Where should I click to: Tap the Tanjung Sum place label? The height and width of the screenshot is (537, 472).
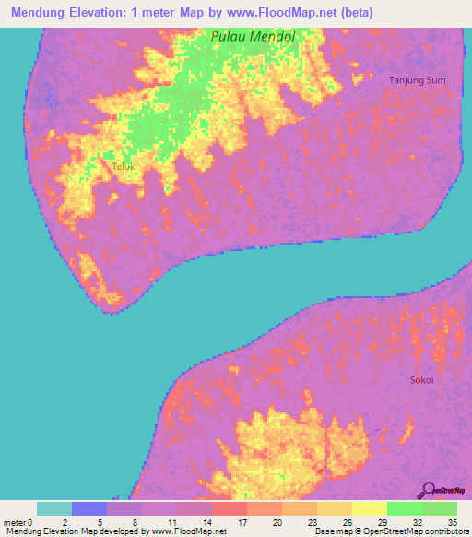click(418, 80)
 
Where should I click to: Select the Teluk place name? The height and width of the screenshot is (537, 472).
click(124, 167)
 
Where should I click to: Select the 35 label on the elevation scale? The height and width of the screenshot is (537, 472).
click(452, 522)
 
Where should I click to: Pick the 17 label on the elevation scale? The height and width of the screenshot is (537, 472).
click(242, 522)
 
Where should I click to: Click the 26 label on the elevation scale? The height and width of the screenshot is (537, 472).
click(347, 522)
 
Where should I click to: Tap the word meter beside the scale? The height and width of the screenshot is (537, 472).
click(14, 522)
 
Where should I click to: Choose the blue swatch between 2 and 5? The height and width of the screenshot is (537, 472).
click(89, 508)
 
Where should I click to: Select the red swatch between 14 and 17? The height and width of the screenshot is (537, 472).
click(229, 508)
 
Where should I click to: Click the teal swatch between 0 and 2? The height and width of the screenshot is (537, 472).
click(54, 508)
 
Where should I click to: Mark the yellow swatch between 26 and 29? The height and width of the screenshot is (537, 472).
click(369, 508)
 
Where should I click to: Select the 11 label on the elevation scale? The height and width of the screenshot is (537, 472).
click(172, 522)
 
